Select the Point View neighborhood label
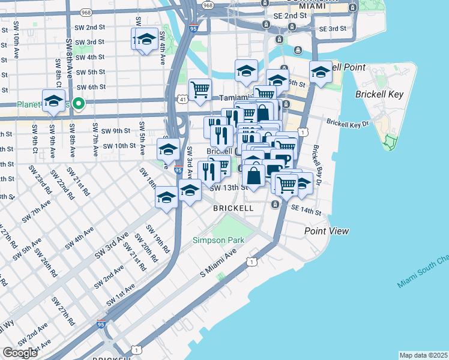click(326, 231)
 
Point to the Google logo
click(20, 352)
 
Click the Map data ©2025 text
click(423, 355)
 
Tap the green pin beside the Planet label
click(79, 104)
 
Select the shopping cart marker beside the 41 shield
click(200, 90)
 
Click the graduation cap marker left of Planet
click(53, 101)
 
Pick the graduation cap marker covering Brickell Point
click(321, 72)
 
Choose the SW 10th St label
click(119, 146)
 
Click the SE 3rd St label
click(332, 29)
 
